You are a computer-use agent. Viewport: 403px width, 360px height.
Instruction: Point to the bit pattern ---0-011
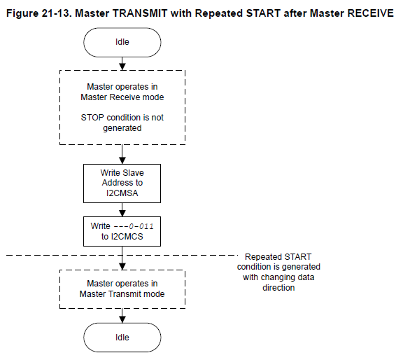coord(134,226)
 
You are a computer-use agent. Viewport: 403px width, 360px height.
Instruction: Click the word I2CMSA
coord(122,193)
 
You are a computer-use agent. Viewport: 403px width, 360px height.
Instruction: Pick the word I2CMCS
coord(127,237)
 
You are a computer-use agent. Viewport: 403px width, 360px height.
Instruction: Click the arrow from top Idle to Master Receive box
coord(122,64)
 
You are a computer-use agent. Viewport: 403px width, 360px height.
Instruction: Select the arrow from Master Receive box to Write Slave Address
coord(122,154)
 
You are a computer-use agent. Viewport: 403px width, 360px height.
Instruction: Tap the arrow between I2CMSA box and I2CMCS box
coord(122,209)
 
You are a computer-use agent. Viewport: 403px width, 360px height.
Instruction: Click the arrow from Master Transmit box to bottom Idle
coord(122,316)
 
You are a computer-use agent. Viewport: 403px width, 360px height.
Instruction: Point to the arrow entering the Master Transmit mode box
coord(122,258)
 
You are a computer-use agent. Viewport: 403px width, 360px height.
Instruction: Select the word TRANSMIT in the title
coord(140,13)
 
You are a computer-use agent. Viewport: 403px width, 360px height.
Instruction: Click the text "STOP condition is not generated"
coord(122,123)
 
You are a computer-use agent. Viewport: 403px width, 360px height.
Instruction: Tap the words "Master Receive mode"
coord(122,97)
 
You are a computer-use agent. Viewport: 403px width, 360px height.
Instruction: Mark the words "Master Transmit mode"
coord(122,294)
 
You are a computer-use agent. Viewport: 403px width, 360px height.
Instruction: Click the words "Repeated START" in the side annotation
coord(278,257)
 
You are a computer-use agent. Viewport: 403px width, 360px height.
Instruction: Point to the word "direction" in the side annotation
coord(278,288)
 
